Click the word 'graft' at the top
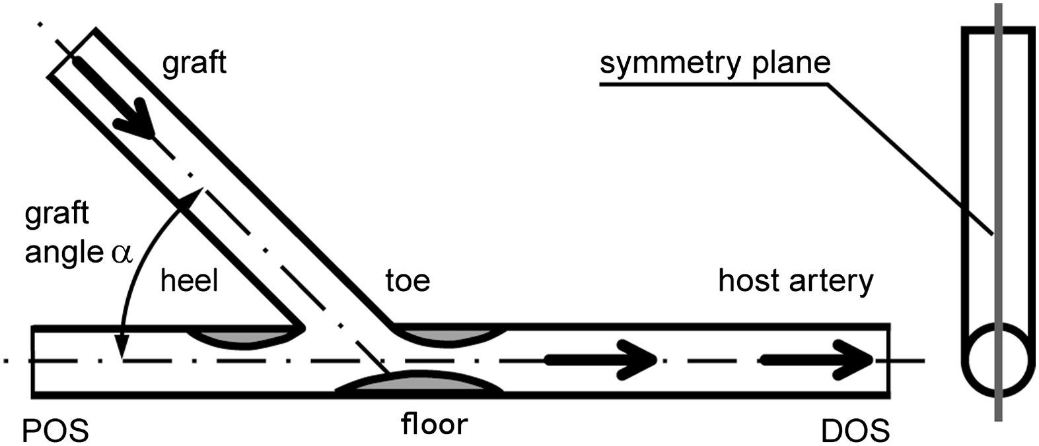[x=194, y=63]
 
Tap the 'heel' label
[x=189, y=281]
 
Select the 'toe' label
[x=408, y=281]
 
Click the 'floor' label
[x=434, y=424]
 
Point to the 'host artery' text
[x=795, y=281]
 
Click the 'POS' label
[x=55, y=432]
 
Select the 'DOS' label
[x=855, y=432]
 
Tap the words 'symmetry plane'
[x=715, y=63]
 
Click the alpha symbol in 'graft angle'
[x=123, y=254]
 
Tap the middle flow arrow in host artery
[x=601, y=360]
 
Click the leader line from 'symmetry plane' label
[x=912, y=158]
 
